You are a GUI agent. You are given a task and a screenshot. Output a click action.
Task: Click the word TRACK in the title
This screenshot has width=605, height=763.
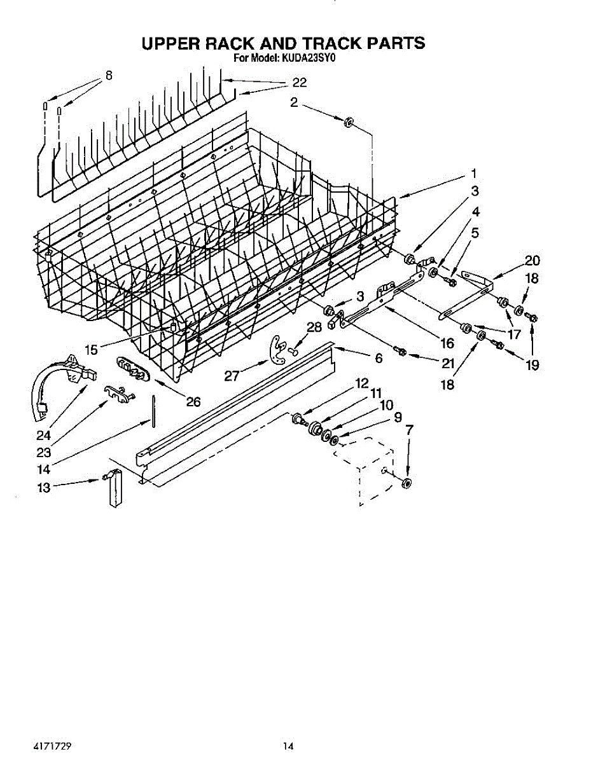point(331,43)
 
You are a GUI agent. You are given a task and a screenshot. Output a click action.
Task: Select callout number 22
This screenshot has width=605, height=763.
point(299,83)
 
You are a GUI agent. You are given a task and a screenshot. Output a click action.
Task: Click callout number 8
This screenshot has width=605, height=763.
point(109,75)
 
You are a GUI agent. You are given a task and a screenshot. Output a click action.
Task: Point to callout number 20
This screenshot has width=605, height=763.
point(532,260)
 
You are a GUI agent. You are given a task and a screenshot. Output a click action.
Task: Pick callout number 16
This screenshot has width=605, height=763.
point(447,344)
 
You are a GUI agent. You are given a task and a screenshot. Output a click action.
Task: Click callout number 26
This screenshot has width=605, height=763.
point(193,402)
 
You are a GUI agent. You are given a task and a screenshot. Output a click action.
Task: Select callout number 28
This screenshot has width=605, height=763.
point(314,327)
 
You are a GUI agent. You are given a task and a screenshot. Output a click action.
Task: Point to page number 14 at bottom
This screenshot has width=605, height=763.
point(289,745)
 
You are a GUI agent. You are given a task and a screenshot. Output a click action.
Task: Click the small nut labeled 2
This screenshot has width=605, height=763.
point(349,121)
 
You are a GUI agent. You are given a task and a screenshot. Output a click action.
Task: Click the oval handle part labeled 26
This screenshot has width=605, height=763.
point(132,369)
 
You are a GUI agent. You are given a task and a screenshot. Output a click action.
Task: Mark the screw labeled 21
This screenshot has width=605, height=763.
point(400,350)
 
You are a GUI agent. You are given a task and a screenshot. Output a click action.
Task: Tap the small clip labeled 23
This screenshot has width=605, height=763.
point(118,393)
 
